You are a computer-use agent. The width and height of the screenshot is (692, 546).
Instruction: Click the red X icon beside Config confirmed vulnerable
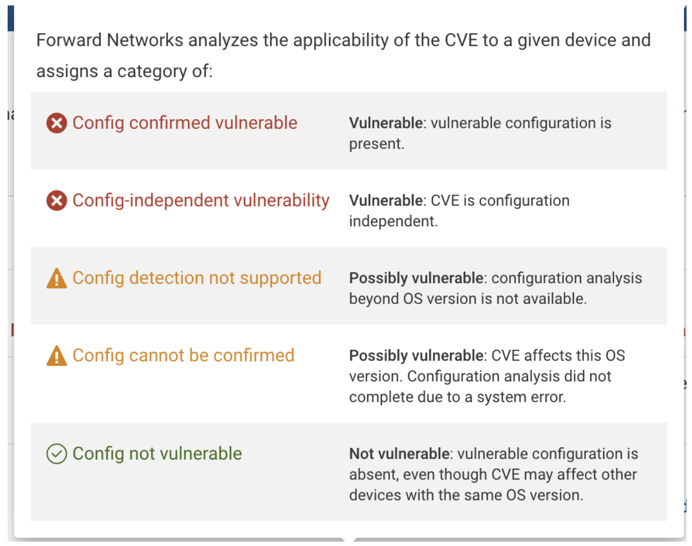57,123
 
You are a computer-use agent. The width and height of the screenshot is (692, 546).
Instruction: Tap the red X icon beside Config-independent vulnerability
57,201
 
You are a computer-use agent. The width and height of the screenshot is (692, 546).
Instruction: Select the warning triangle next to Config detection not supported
57,278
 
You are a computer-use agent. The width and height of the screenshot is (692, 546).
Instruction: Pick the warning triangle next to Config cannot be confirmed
57,356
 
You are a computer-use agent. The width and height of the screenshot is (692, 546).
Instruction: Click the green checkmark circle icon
57,454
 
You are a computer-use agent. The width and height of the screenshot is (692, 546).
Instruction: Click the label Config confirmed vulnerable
185,123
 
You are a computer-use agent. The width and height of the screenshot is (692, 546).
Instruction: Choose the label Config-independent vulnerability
201,201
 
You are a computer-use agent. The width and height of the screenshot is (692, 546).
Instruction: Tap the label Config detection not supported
197,278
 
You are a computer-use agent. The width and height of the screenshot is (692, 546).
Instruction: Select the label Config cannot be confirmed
183,356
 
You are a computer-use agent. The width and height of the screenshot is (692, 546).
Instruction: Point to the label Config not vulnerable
157,454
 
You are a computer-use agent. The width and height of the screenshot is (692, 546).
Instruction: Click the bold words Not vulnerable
399,454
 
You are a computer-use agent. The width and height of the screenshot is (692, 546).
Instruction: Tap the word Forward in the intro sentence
69,40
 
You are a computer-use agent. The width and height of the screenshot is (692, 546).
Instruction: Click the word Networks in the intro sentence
145,40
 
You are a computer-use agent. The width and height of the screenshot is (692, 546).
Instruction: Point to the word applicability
341,41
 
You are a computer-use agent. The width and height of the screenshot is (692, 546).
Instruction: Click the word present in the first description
376,144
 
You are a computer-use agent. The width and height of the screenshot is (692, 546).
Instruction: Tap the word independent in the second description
393,221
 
